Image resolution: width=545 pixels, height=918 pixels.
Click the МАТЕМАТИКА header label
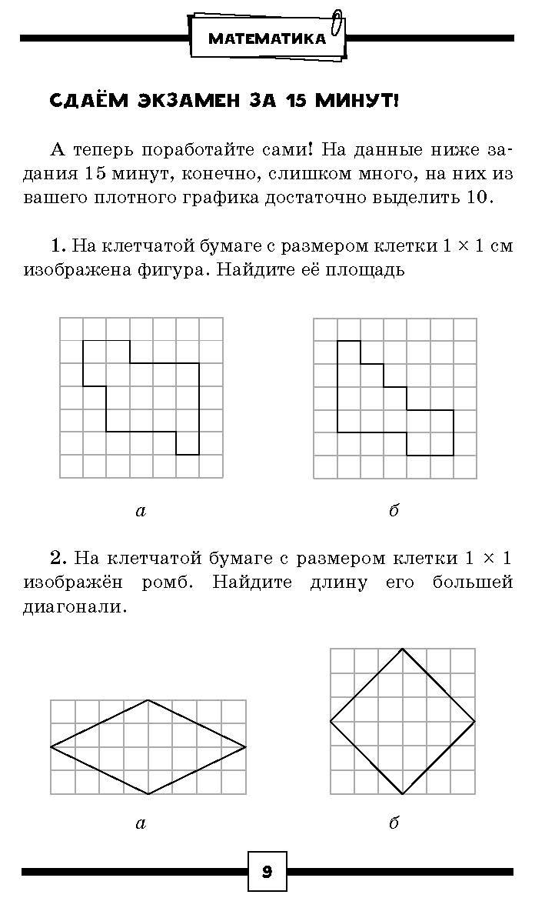[267, 38]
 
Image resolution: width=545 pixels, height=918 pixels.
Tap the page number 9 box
[267, 872]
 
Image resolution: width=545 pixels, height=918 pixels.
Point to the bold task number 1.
[58, 246]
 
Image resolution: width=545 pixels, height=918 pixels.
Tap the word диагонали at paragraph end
[73, 606]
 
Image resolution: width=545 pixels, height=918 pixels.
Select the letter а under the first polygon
[140, 510]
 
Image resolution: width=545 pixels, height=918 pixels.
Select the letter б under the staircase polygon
[394, 510]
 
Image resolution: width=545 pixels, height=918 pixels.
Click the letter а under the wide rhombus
[140, 823]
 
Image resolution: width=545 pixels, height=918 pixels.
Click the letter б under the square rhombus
[394, 823]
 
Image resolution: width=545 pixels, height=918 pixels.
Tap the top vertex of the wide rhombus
[148, 699]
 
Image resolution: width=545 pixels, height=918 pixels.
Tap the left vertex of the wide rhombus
[51, 746]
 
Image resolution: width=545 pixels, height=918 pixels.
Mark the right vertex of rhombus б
[475, 721]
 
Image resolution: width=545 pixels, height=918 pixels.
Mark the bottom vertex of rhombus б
[403, 794]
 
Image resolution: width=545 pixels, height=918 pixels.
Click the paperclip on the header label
[335, 25]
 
